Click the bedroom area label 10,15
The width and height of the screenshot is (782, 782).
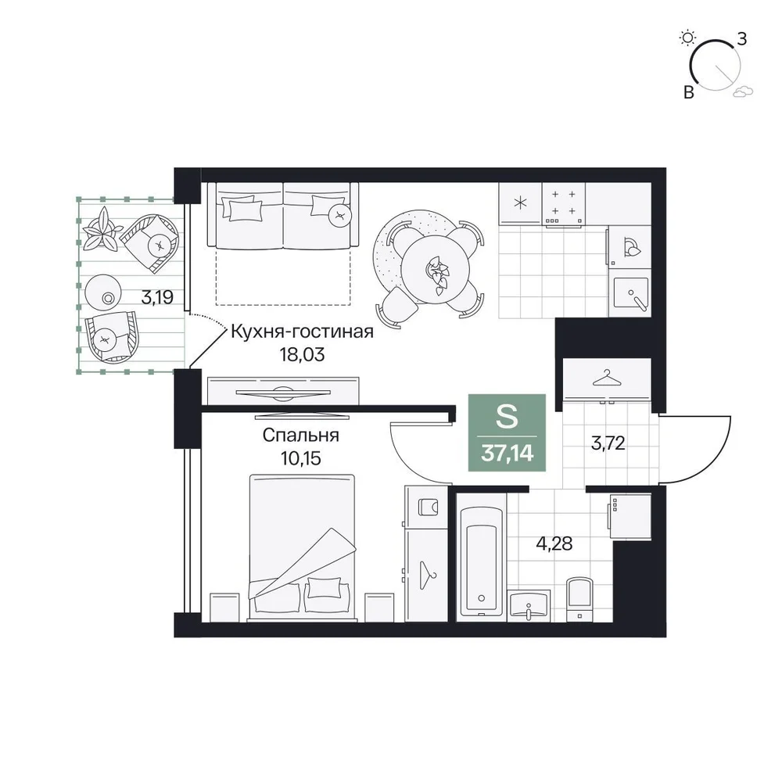301,457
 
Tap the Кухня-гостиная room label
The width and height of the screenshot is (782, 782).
302,332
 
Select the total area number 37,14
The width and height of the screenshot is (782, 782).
508,454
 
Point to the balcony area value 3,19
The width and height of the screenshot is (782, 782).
157,297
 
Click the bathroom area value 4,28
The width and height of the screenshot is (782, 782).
554,543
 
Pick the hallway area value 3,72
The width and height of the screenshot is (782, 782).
608,443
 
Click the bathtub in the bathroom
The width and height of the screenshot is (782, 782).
481,561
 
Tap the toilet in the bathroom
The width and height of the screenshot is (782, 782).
580,600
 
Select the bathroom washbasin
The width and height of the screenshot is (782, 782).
529,605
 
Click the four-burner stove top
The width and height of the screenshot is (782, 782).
564,204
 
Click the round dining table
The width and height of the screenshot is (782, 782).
436,269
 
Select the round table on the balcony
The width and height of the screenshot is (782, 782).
103,292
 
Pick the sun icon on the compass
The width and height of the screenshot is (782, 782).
687,38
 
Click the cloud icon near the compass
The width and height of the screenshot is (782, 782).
743,91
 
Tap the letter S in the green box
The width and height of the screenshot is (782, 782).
507,416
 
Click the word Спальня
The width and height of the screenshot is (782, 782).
301,436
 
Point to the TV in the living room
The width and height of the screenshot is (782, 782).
283,393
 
